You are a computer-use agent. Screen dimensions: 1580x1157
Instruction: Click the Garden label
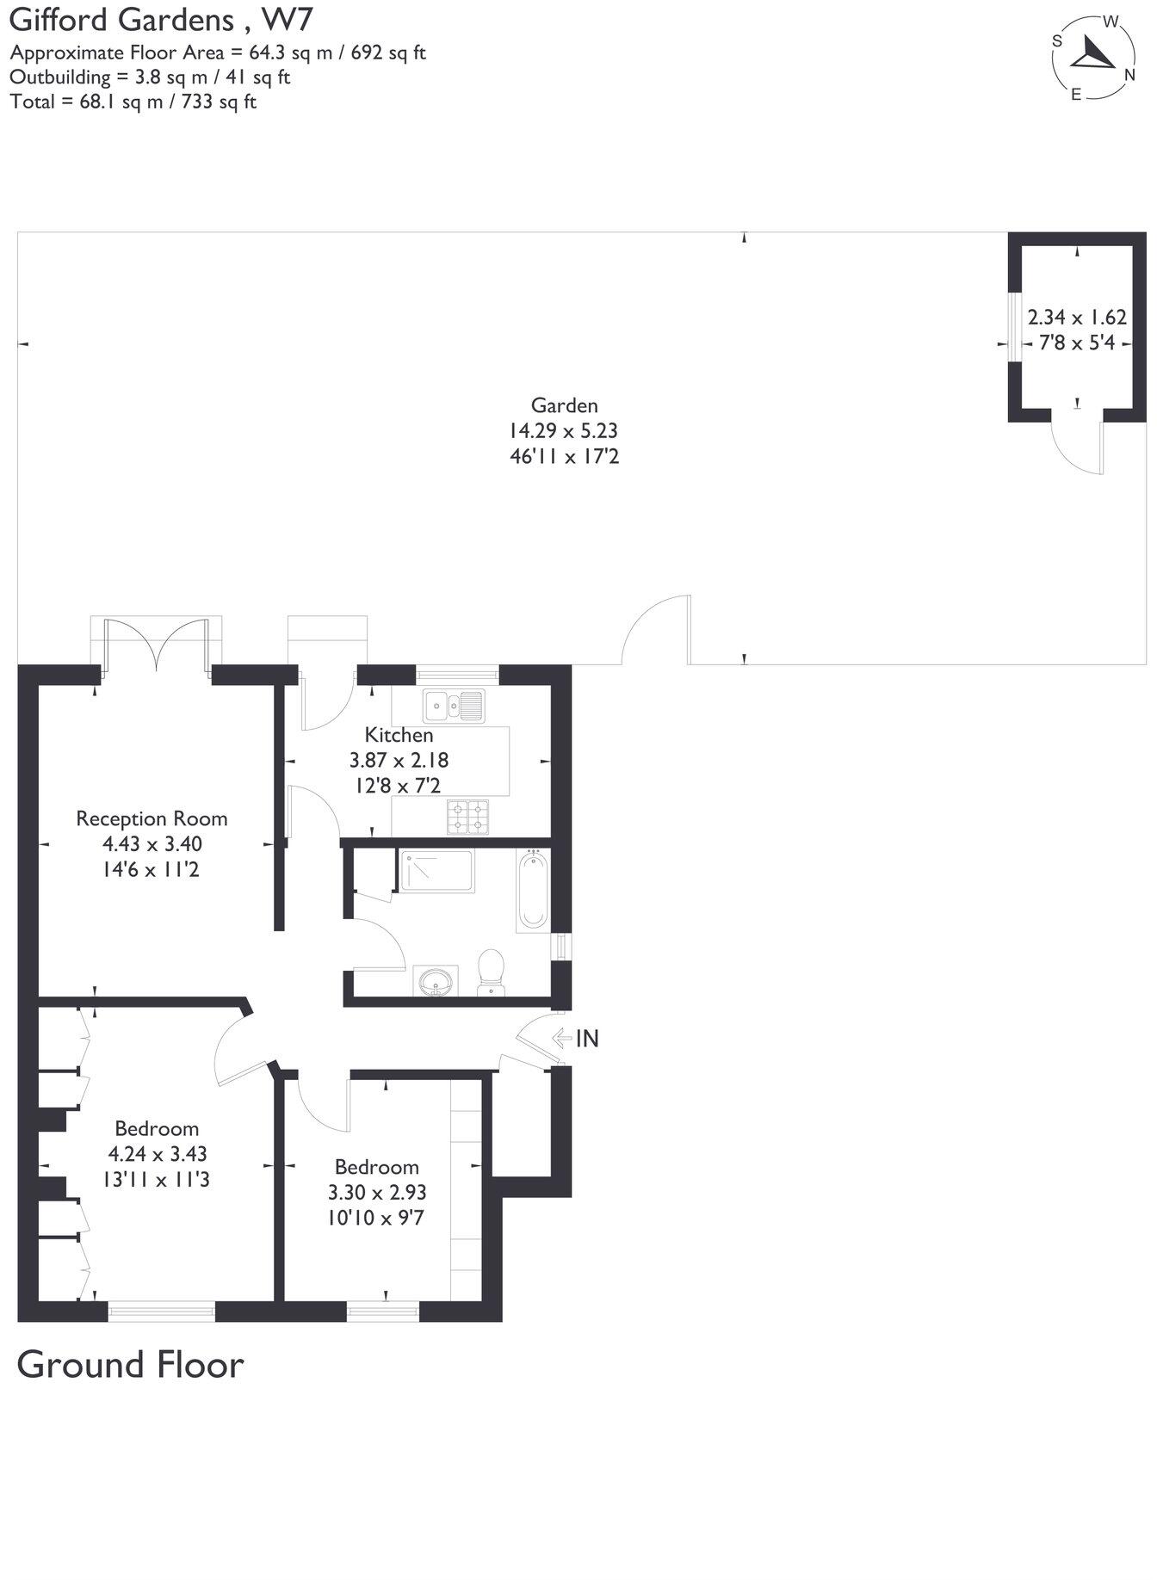[x=564, y=405]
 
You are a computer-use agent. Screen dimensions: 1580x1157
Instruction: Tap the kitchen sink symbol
[x=454, y=706]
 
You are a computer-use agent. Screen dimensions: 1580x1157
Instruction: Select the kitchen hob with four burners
[x=467, y=816]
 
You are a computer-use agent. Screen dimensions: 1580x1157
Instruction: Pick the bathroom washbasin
[x=436, y=980]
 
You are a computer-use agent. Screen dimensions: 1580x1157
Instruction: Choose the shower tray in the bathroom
[x=436, y=871]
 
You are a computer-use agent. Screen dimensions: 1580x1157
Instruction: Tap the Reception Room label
[x=152, y=818]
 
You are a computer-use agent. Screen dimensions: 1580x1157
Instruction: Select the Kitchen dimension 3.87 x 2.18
[x=399, y=760]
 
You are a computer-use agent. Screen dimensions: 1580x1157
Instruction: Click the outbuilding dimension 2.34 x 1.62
[x=1077, y=317]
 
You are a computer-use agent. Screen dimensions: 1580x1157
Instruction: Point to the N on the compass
[x=1129, y=75]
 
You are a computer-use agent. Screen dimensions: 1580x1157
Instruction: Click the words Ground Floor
[x=130, y=1365]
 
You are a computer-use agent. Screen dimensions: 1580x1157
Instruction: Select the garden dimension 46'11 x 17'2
[x=564, y=455]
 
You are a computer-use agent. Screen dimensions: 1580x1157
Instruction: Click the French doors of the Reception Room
[x=156, y=645]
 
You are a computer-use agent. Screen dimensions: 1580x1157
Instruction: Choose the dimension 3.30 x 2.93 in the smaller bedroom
[x=377, y=1193]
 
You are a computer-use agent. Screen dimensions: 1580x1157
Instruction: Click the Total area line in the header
[x=133, y=102]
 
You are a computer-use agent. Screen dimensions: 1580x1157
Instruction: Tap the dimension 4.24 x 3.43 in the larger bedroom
[x=157, y=1154]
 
